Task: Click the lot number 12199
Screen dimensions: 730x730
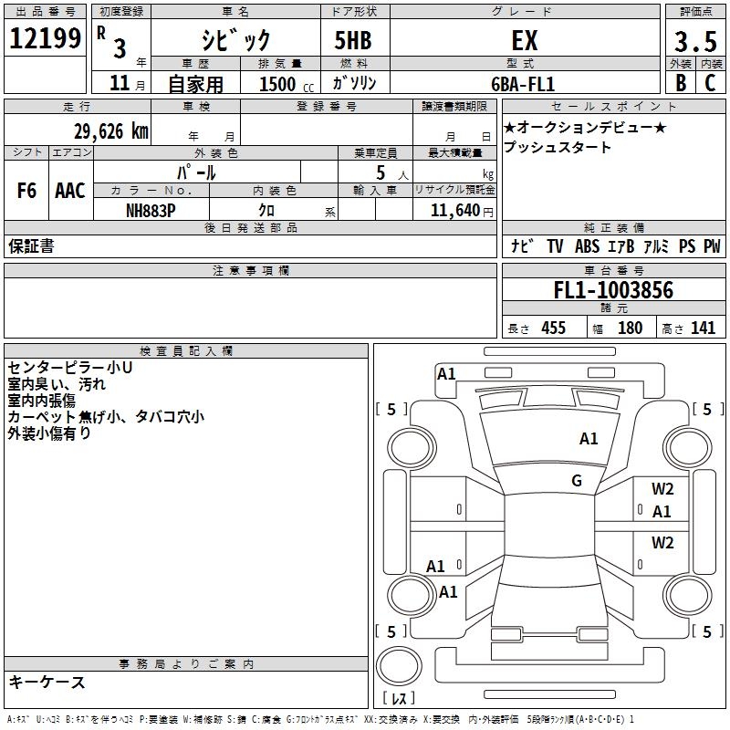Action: coord(46,38)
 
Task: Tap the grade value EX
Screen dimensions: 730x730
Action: coord(525,40)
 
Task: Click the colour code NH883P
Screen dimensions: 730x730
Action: coord(151,209)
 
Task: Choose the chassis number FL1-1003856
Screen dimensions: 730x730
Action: coord(613,291)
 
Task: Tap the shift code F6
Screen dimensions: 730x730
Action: coord(27,191)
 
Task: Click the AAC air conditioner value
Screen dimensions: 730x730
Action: coord(70,191)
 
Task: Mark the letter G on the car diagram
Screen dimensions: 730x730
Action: coord(577,481)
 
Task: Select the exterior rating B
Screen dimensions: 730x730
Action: coord(680,82)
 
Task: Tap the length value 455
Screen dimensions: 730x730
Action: coord(553,328)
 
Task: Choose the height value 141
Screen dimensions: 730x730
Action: coord(703,328)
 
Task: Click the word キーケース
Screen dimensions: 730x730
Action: coord(47,682)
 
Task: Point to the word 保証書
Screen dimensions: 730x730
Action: coord(31,246)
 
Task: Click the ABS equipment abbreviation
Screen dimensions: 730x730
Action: coord(587,246)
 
